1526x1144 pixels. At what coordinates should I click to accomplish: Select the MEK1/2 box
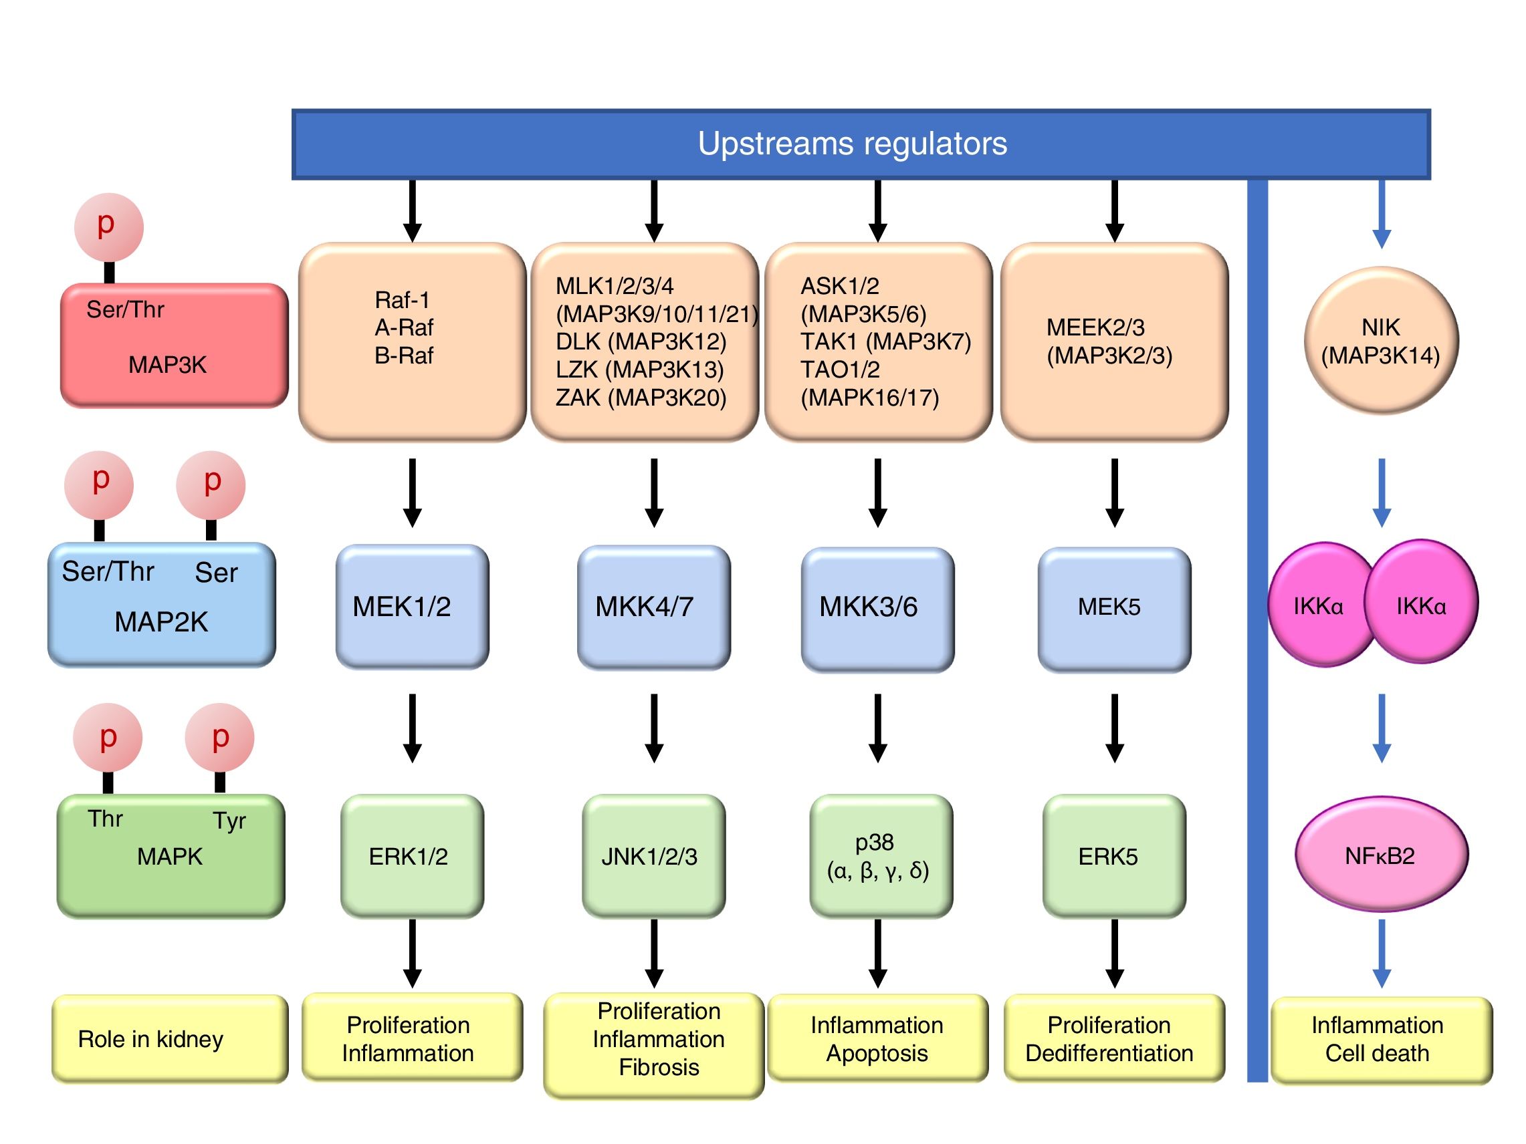coord(412,607)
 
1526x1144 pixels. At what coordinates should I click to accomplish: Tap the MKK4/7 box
coord(653,607)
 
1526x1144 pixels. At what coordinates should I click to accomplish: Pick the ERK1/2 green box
coord(412,856)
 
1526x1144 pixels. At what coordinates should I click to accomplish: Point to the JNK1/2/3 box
coord(653,856)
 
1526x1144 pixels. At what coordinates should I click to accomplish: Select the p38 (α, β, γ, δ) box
coord(880,856)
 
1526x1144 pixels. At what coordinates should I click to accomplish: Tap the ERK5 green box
coord(1113,856)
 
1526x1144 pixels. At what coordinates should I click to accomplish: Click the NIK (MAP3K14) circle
coord(1380,341)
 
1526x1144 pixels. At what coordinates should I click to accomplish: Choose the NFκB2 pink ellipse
coord(1380,855)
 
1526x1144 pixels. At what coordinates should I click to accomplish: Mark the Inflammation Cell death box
coord(1380,1040)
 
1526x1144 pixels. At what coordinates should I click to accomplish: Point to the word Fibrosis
coord(659,1067)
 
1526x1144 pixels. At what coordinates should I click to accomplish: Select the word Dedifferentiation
coord(1109,1054)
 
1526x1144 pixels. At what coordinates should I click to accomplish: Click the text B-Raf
coord(404,355)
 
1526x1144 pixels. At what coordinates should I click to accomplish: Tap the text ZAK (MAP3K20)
coord(641,398)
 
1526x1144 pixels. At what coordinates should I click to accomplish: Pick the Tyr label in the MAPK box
coord(229,821)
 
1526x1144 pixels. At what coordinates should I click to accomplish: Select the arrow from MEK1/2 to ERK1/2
coord(412,728)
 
